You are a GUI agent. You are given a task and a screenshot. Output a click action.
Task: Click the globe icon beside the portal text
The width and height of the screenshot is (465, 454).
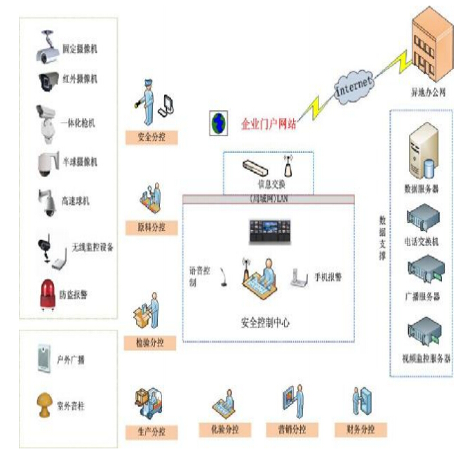219,123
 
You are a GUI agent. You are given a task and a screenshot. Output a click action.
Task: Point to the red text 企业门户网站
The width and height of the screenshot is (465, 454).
269,124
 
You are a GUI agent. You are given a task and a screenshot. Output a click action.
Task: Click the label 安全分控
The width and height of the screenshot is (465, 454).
151,136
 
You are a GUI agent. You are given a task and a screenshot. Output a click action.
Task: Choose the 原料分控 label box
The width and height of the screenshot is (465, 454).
151,227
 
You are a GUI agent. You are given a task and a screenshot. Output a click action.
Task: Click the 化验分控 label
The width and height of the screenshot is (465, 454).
226,429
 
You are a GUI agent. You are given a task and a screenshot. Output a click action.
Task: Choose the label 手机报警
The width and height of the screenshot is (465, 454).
328,277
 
